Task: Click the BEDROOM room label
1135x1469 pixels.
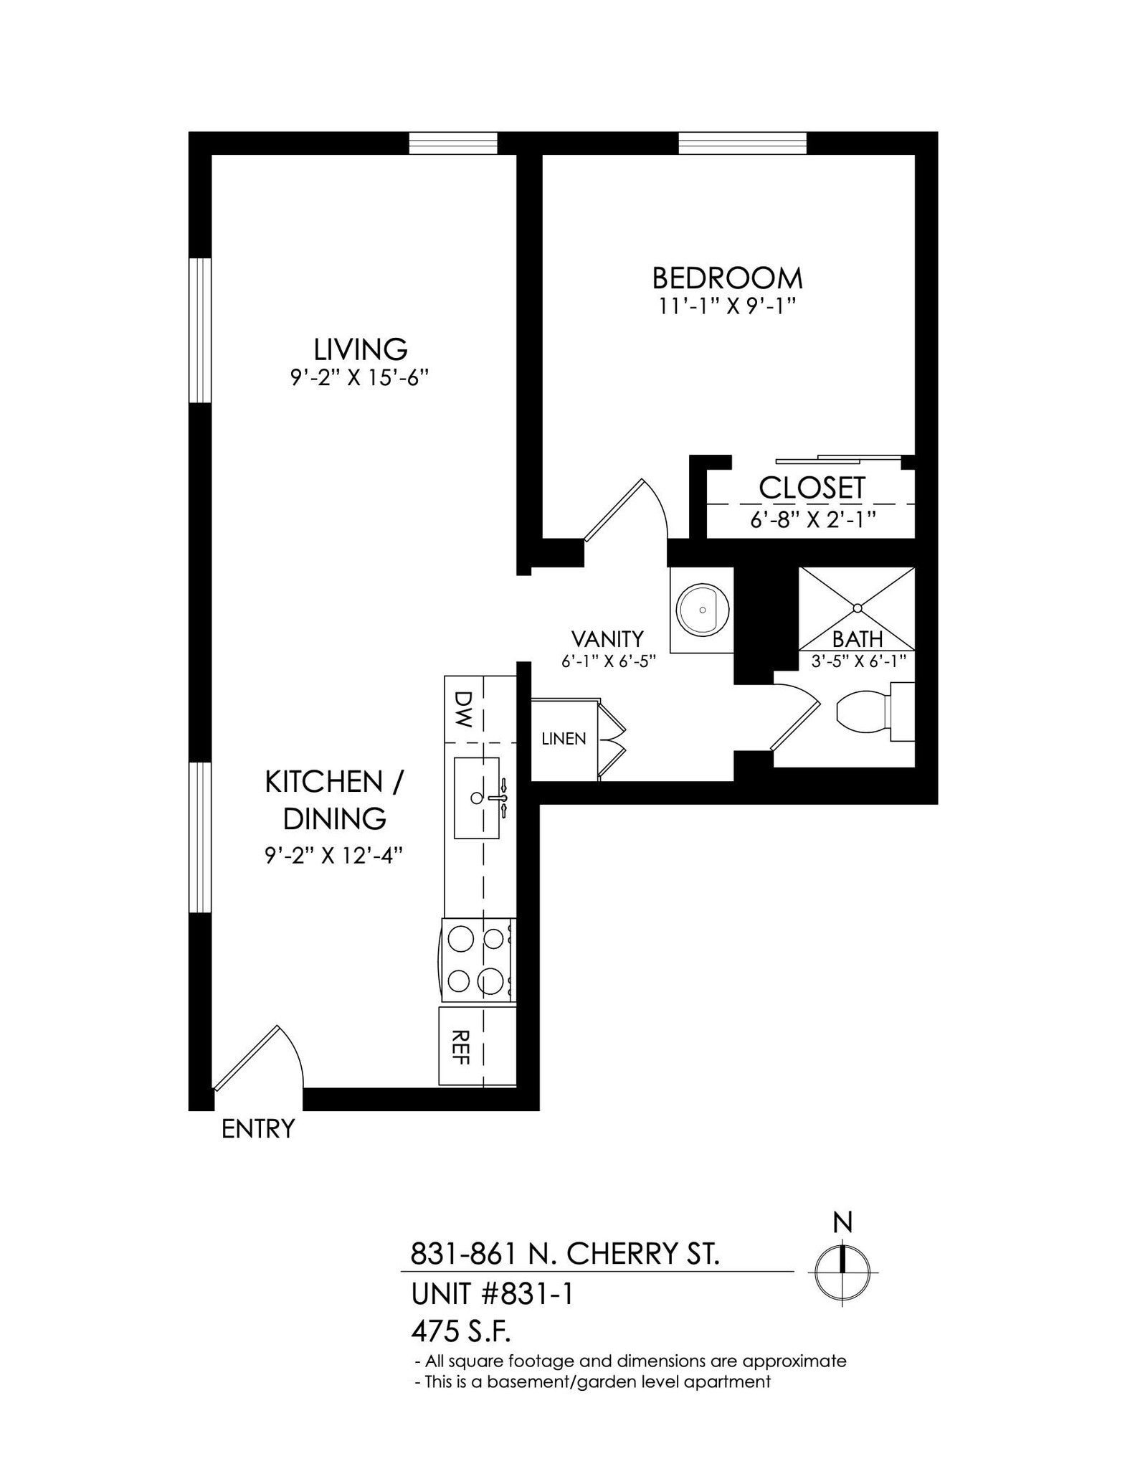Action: (x=727, y=278)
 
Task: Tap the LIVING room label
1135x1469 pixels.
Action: (x=361, y=349)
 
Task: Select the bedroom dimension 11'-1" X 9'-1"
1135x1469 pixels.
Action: (x=728, y=306)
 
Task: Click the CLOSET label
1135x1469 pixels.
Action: (x=812, y=488)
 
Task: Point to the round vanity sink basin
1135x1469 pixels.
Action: (x=703, y=610)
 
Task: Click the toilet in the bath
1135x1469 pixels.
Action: (x=864, y=712)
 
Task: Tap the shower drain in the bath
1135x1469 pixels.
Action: (x=857, y=608)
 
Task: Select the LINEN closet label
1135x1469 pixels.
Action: (x=564, y=739)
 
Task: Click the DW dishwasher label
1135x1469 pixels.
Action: (x=465, y=709)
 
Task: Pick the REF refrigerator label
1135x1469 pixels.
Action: (x=462, y=1047)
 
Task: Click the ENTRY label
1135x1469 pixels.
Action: (x=258, y=1129)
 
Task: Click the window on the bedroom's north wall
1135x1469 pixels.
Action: (x=742, y=143)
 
